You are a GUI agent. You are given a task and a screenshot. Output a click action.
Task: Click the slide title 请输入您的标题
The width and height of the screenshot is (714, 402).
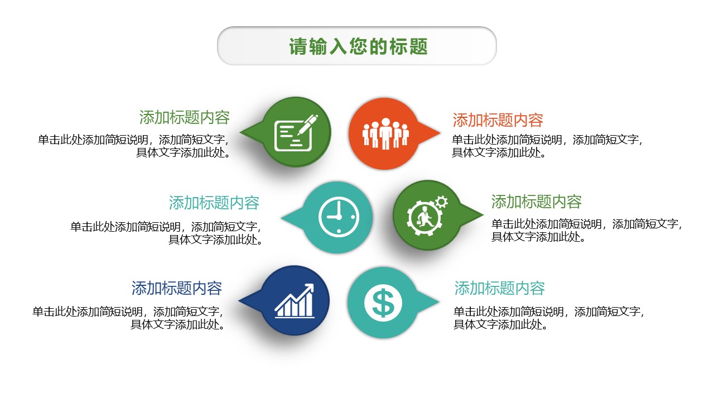click(358, 46)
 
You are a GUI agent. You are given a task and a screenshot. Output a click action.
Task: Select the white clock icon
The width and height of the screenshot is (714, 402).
click(338, 216)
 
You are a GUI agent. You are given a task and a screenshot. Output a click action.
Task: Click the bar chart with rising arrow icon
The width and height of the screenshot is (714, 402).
click(295, 301)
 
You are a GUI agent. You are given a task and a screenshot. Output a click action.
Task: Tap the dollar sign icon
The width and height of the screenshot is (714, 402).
click(383, 302)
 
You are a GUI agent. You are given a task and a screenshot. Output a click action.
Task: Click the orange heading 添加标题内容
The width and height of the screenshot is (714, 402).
click(498, 120)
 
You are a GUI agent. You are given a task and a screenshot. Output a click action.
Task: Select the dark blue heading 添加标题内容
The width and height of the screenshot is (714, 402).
click(177, 288)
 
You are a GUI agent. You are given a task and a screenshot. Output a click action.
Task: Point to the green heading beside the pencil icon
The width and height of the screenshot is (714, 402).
click(185, 117)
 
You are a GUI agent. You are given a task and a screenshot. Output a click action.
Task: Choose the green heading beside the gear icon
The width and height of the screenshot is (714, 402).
click(536, 201)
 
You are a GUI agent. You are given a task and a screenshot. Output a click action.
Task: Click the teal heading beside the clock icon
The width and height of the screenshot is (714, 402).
click(214, 202)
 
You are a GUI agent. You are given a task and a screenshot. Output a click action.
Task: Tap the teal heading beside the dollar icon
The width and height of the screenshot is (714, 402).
click(499, 288)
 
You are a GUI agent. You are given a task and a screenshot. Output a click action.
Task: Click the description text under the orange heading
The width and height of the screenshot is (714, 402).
click(547, 146)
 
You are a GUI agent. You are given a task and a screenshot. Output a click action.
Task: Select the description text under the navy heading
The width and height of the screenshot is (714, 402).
click(129, 318)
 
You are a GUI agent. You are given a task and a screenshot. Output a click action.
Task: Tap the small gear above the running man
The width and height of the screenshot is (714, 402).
click(441, 201)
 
